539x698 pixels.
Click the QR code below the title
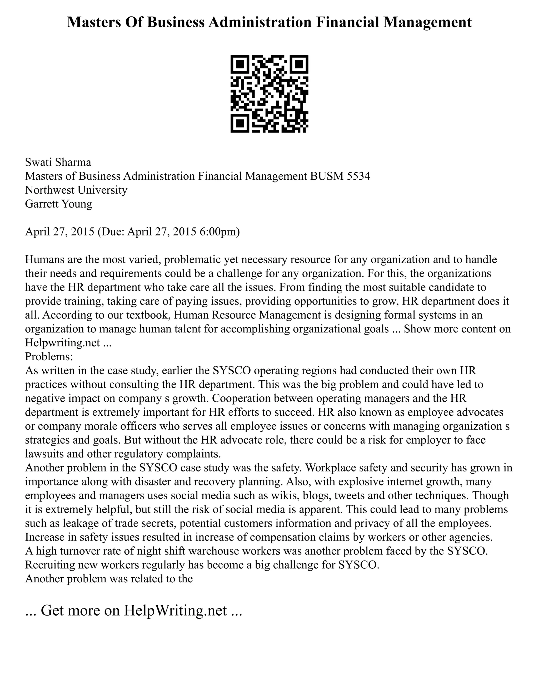click(x=269, y=94)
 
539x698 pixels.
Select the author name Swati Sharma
click(x=58, y=162)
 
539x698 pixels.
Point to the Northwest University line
click(x=76, y=190)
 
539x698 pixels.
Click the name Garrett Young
click(x=58, y=204)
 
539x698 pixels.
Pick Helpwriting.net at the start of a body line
click(x=63, y=343)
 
